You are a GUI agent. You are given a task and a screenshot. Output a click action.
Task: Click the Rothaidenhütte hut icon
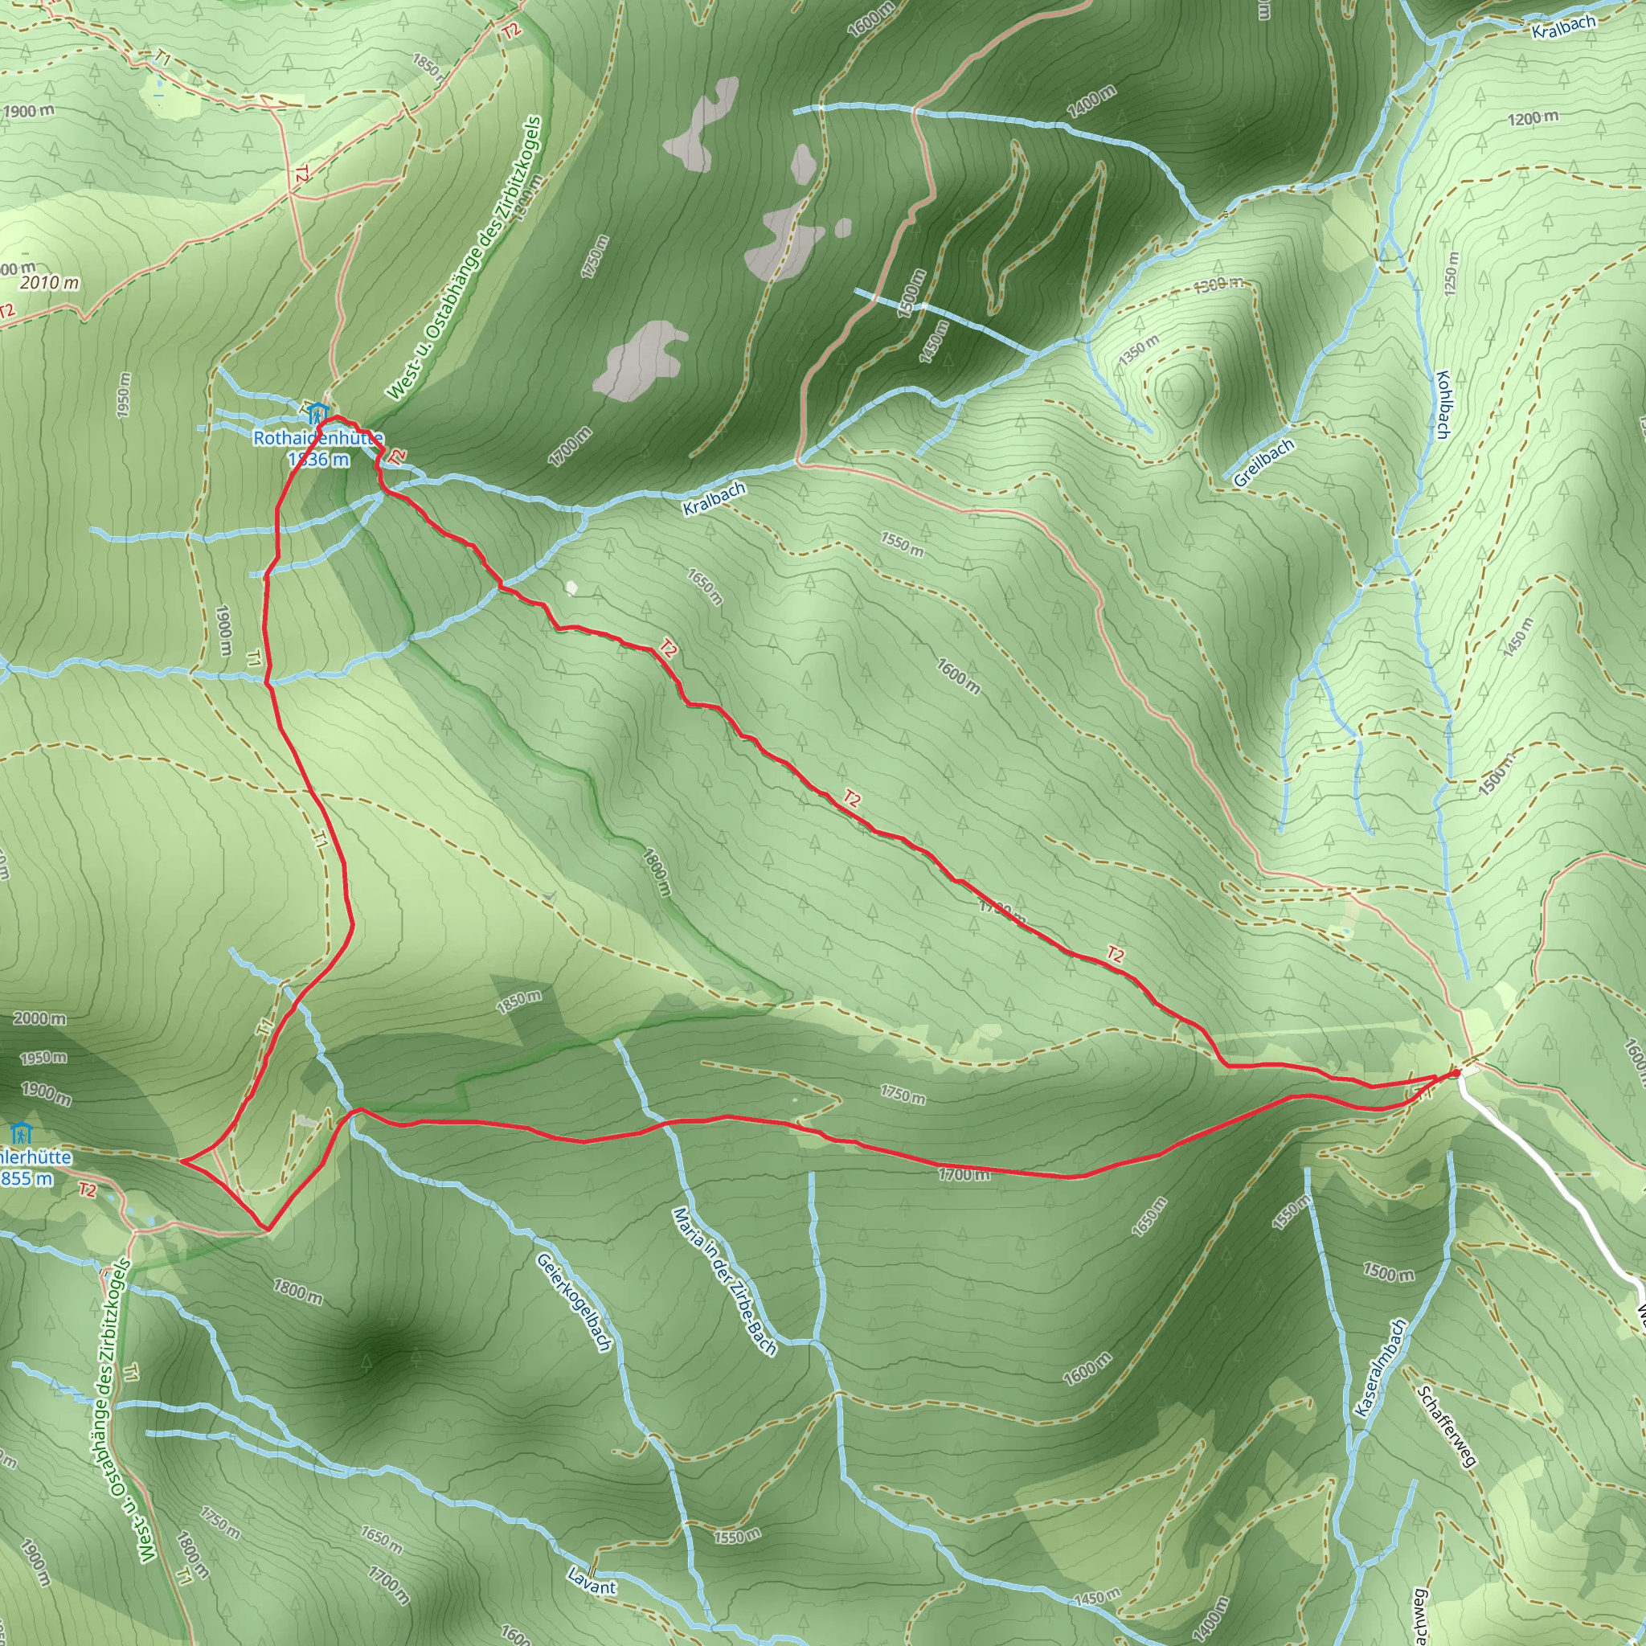pyautogui.click(x=317, y=413)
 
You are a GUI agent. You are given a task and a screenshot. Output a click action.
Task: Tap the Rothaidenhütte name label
pyautogui.click(x=317, y=438)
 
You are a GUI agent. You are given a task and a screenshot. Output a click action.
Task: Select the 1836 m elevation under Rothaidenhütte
pyautogui.click(x=317, y=459)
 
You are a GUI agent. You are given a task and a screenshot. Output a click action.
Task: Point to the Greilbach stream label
pyautogui.click(x=1263, y=464)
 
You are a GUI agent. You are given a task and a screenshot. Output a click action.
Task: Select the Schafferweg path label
pyautogui.click(x=1446, y=1427)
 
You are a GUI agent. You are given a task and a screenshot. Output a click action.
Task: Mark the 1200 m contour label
pyautogui.click(x=1533, y=118)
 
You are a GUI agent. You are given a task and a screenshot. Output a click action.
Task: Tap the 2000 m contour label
pyautogui.click(x=39, y=1018)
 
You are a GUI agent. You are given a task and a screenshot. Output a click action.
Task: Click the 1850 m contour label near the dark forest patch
pyautogui.click(x=518, y=1002)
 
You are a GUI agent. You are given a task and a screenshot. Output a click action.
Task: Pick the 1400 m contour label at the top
pyautogui.click(x=1091, y=102)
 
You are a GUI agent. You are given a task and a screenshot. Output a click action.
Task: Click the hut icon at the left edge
pyautogui.click(x=20, y=1134)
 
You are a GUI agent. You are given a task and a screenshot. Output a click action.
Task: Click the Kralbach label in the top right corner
pyautogui.click(x=1563, y=27)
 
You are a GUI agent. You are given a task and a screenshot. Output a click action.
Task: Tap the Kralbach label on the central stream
pyautogui.click(x=714, y=498)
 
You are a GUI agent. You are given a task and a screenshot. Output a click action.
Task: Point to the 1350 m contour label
pyautogui.click(x=1139, y=351)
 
